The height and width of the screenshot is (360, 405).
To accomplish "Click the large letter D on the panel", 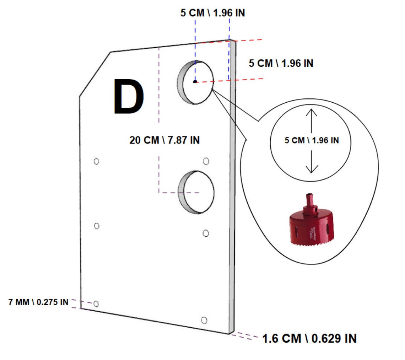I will (129, 97).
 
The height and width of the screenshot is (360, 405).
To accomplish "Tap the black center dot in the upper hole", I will (195, 81).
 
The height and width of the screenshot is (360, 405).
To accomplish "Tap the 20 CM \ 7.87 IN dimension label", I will (164, 140).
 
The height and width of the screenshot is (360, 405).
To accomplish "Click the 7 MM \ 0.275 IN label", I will (38, 302).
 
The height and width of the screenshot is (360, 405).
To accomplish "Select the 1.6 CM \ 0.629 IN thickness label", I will (309, 338).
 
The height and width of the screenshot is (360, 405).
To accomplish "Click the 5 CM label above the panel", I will (212, 13).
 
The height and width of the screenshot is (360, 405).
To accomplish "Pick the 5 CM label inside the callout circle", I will (312, 140).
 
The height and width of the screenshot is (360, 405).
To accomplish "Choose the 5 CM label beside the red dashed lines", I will (281, 64).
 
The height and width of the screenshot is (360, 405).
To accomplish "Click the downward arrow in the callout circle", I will (312, 162).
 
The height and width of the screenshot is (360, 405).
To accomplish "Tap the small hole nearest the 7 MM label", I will (96, 304).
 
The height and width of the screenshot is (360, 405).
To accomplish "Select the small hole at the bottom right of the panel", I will (204, 320).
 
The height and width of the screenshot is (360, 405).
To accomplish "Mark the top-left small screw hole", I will (96, 161).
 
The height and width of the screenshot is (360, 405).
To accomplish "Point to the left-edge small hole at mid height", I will (96, 226).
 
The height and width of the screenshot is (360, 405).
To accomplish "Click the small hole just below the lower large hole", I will (206, 233).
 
